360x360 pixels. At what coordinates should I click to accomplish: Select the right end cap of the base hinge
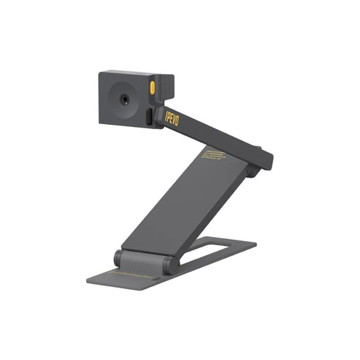coord(173,264)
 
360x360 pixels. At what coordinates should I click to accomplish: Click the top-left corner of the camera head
coord(100,74)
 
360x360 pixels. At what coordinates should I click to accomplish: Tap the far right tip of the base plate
coord(257,244)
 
